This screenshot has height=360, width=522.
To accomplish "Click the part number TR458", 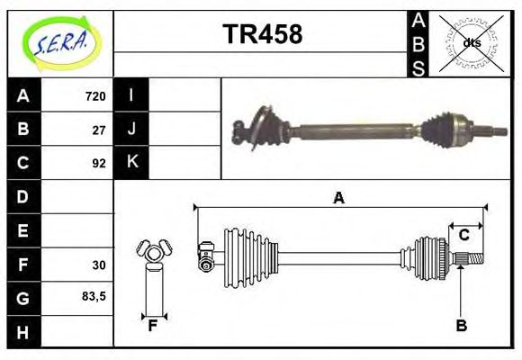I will [x=262, y=35].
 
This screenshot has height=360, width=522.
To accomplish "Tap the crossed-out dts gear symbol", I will [x=471, y=43].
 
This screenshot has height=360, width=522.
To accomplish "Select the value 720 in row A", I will [x=95, y=96].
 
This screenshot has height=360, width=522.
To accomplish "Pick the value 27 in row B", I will [x=99, y=130].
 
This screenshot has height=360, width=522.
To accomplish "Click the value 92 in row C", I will [x=99, y=164].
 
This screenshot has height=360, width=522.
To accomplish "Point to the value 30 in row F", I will [x=99, y=265].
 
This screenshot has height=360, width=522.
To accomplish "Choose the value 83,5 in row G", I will [x=94, y=297].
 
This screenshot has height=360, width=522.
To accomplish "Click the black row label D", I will [x=23, y=197].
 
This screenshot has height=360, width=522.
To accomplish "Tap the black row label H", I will [x=23, y=331].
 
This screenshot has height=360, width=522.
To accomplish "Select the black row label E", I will [x=23, y=230].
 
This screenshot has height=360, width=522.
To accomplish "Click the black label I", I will [x=131, y=96].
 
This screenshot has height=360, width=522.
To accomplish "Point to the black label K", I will [x=131, y=163].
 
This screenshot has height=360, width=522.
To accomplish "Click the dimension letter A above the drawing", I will [x=338, y=198].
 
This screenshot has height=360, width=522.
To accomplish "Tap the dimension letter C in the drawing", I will [x=464, y=235].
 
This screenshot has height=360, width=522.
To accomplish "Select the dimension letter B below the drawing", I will [x=461, y=325].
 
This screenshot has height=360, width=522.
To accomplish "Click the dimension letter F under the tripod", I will [x=153, y=325].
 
